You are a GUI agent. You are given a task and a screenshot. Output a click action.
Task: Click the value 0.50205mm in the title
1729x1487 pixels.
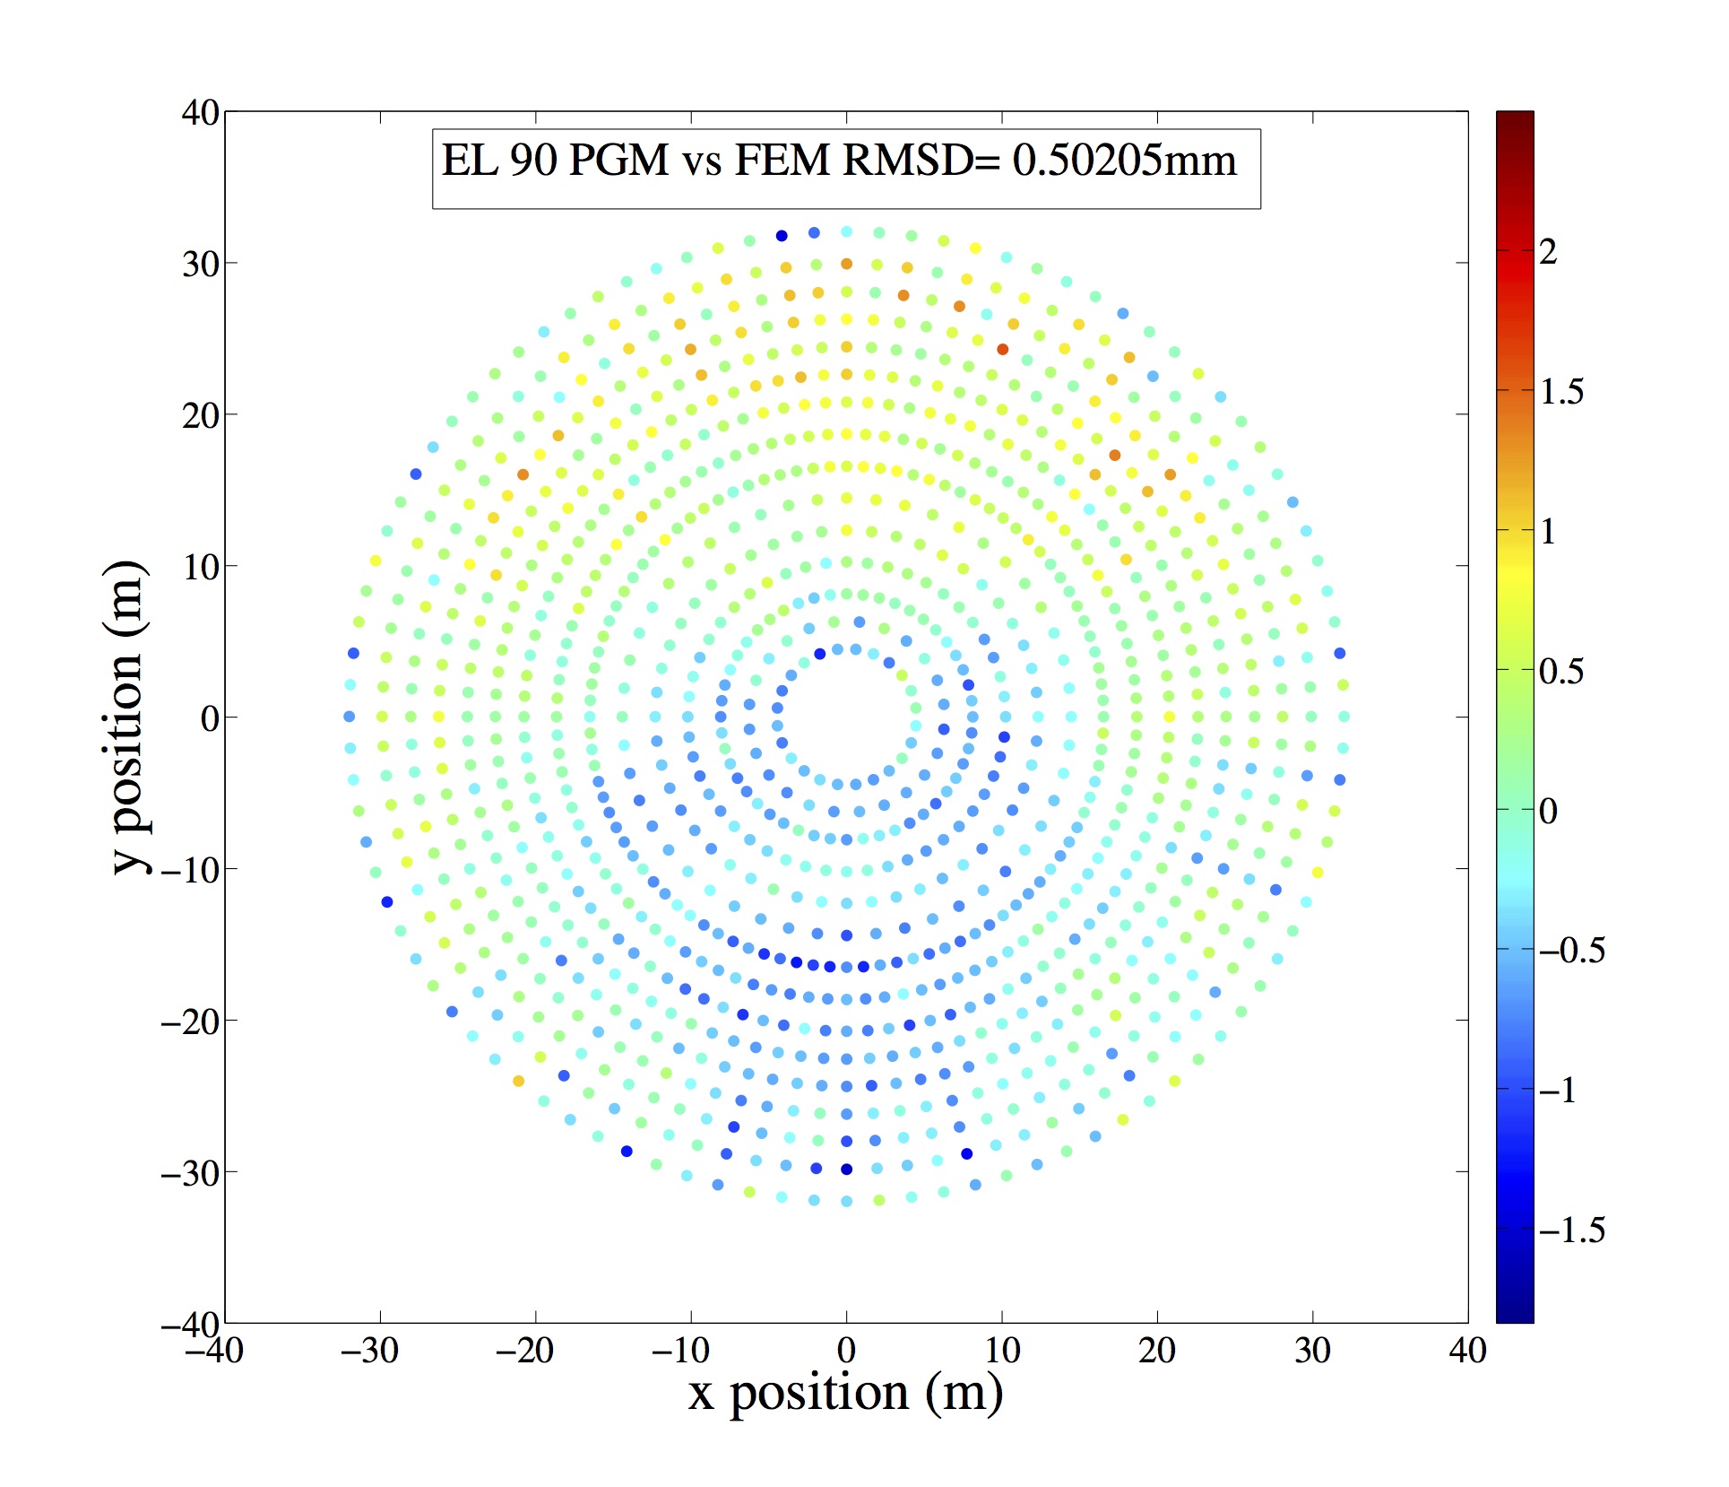pos(1124,161)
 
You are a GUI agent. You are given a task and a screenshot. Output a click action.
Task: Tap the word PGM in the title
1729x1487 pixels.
pos(618,161)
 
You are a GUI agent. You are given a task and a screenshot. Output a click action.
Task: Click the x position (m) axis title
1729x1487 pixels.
pos(845,1393)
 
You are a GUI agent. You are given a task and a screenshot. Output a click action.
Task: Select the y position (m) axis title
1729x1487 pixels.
pos(128,717)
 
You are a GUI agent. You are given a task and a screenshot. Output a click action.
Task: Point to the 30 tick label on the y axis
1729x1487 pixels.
pos(200,265)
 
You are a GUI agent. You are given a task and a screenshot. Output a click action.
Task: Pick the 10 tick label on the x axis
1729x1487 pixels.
pos(1002,1351)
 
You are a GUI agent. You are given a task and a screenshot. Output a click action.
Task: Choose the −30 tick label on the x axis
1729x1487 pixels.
pos(369,1351)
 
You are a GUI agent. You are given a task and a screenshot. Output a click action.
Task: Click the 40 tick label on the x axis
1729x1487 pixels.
pos(1467,1351)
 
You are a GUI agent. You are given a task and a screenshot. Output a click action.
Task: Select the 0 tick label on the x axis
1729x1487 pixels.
pos(846,1351)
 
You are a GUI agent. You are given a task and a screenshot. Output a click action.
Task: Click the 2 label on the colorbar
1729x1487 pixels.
pos(1548,253)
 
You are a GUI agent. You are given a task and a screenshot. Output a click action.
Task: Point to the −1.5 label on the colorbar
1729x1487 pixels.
pos(1571,1230)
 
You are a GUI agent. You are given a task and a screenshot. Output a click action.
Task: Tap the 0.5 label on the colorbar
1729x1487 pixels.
pos(1560,672)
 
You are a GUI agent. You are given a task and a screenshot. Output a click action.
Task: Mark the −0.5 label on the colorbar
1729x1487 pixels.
pos(1571,951)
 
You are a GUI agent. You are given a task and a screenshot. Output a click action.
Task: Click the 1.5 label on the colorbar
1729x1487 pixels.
pos(1561,392)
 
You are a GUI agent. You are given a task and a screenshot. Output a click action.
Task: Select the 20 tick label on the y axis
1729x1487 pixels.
pos(200,416)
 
